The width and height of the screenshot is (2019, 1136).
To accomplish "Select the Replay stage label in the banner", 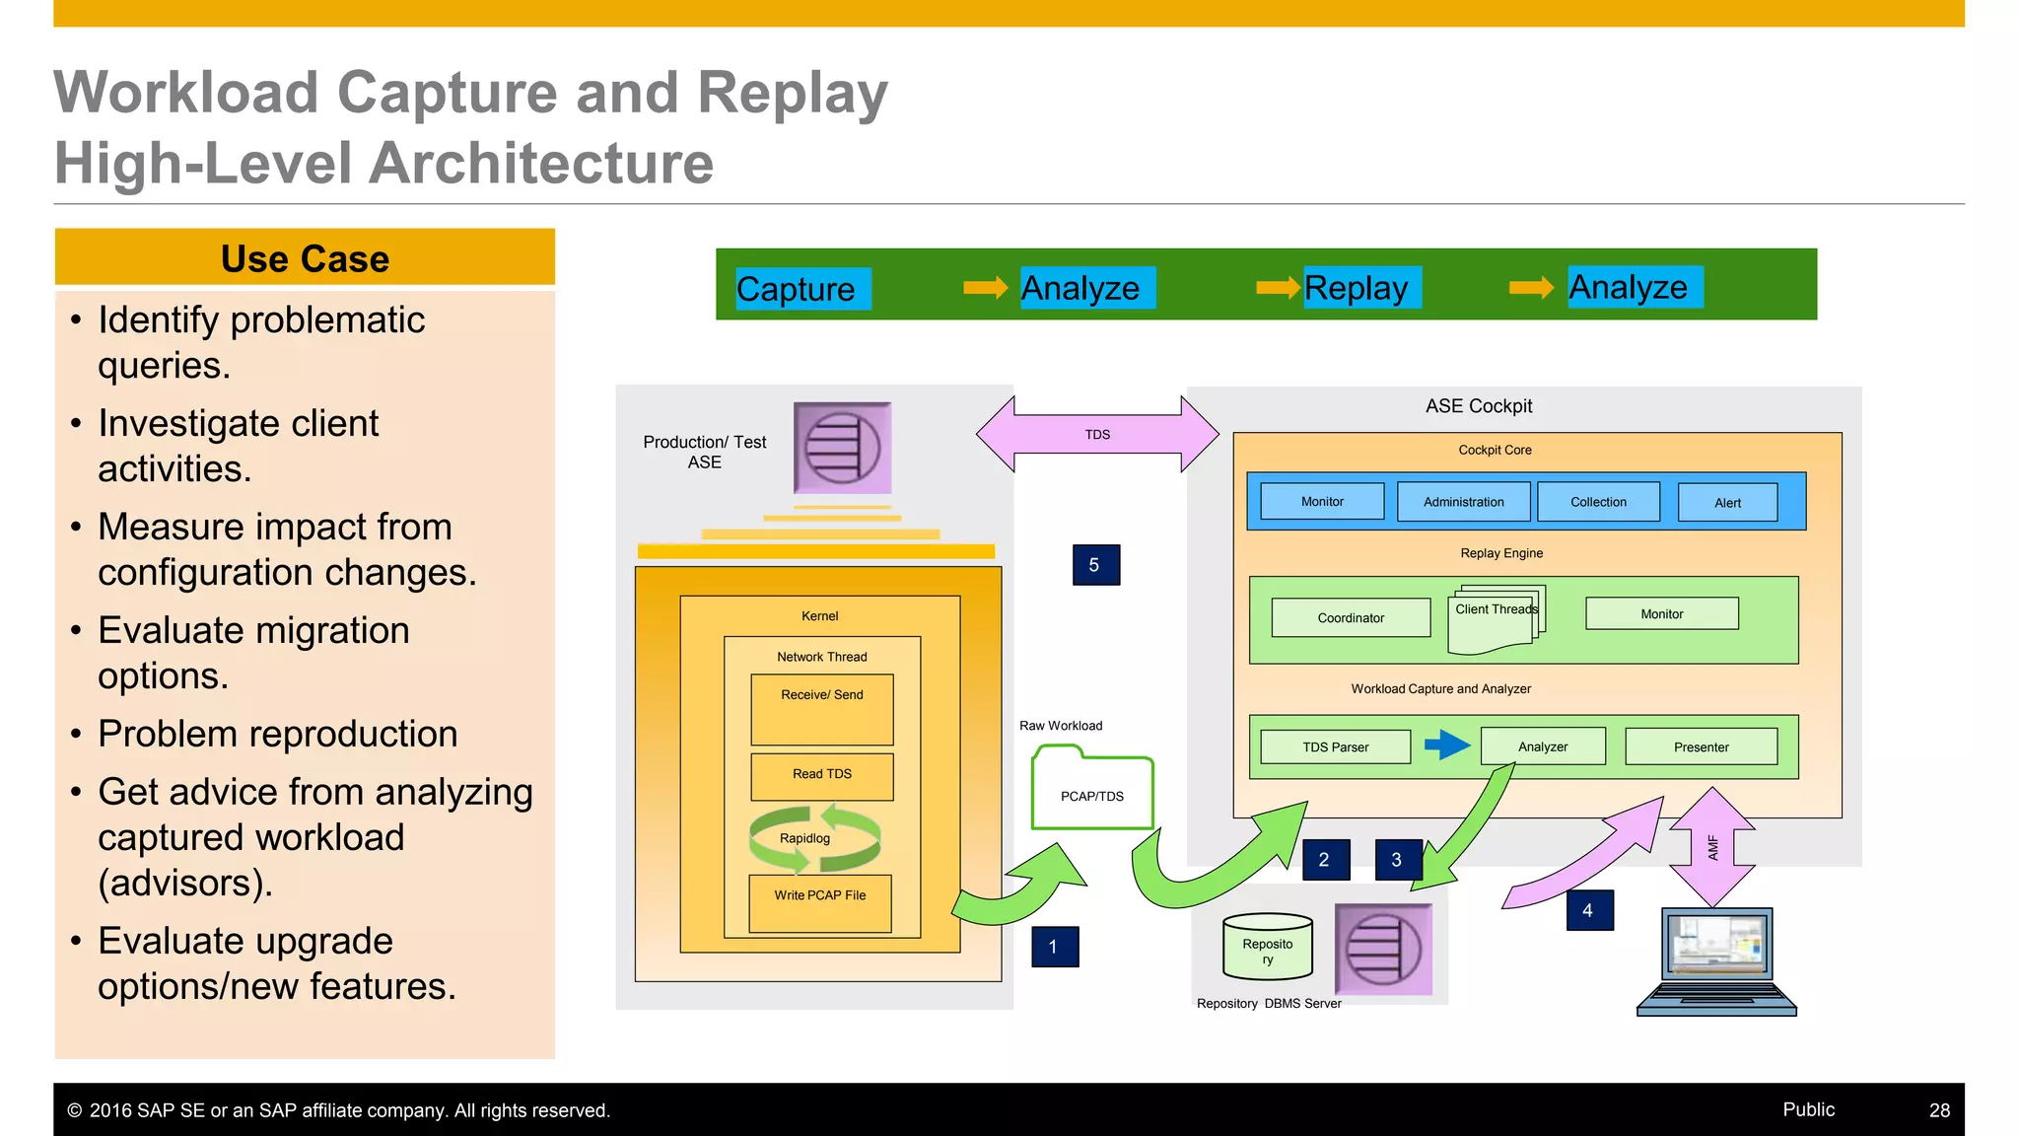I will point(1360,288).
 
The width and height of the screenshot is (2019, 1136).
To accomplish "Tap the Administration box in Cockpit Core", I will point(1463,502).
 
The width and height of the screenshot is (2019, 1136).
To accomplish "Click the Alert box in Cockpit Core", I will point(1727,503).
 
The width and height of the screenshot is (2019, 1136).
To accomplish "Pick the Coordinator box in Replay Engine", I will point(1351,618).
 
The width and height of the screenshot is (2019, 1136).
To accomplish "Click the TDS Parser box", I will point(1335,747).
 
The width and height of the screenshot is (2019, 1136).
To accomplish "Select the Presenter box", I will point(1701,747).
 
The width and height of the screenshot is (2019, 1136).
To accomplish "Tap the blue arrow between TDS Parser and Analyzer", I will point(1446,745).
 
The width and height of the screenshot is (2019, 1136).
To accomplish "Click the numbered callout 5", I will point(1095,565).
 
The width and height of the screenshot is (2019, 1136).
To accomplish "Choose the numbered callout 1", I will point(1054,947).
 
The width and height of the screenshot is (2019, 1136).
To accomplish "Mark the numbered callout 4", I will point(1588,910).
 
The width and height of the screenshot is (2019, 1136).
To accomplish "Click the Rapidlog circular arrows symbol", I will point(814,838).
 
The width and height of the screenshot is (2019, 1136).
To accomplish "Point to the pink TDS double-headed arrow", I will point(1097,435).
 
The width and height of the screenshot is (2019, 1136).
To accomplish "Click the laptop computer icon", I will point(1716,961).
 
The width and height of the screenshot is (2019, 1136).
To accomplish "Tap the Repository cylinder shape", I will point(1267,947).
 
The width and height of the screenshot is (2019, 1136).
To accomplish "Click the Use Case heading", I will point(305,258).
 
